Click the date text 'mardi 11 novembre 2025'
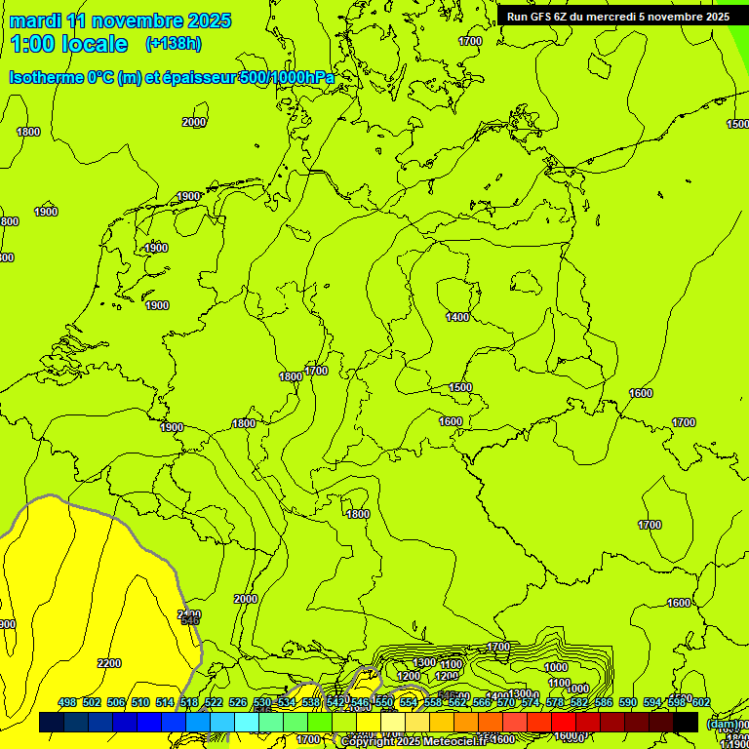(x=120, y=20)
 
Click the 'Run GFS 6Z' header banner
(x=617, y=16)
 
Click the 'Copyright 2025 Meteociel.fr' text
(x=414, y=741)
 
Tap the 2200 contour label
(x=109, y=663)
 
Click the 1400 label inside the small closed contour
(x=457, y=317)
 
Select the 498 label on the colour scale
(x=67, y=702)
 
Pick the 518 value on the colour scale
(x=189, y=702)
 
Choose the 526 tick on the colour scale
(x=238, y=702)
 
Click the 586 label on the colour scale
(x=603, y=702)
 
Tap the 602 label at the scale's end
(x=700, y=702)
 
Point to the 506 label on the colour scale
(x=116, y=702)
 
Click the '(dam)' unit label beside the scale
(x=723, y=724)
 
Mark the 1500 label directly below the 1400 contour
(x=460, y=387)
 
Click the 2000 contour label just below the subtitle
(x=194, y=122)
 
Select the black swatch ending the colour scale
(x=686, y=723)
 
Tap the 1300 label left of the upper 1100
(x=424, y=662)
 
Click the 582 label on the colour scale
(x=578, y=702)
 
